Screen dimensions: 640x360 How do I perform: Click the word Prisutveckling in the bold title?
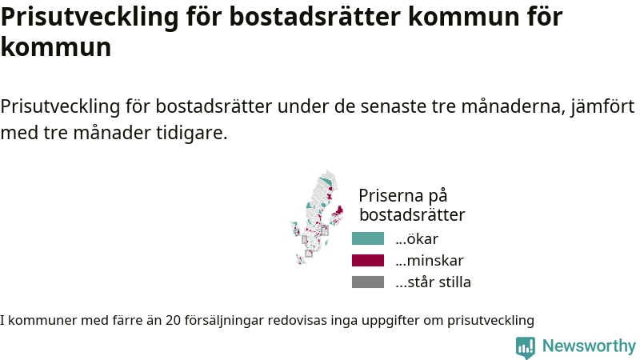tap(90, 17)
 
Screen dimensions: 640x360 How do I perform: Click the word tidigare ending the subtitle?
tap(191, 132)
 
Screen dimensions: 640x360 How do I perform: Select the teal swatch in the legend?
tap(368, 238)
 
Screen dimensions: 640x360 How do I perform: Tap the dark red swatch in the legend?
tap(368, 261)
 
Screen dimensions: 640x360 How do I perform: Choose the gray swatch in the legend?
tap(368, 282)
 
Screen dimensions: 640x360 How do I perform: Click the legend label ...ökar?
tap(417, 238)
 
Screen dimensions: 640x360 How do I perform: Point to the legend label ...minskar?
tap(430, 261)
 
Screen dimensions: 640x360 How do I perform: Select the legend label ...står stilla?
tap(433, 282)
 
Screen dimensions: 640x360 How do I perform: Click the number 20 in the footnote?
tap(173, 320)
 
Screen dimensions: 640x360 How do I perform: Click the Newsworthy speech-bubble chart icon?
tap(526, 347)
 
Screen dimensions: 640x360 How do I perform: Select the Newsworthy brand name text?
tap(589, 346)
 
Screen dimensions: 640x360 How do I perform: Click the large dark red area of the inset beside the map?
tap(338, 212)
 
